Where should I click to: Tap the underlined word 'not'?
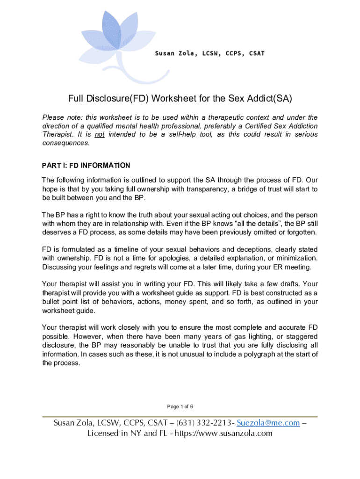tap(99, 134)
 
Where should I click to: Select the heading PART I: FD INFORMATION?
tap(86, 166)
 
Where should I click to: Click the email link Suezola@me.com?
tap(268, 423)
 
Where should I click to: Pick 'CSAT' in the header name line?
tap(257, 53)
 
